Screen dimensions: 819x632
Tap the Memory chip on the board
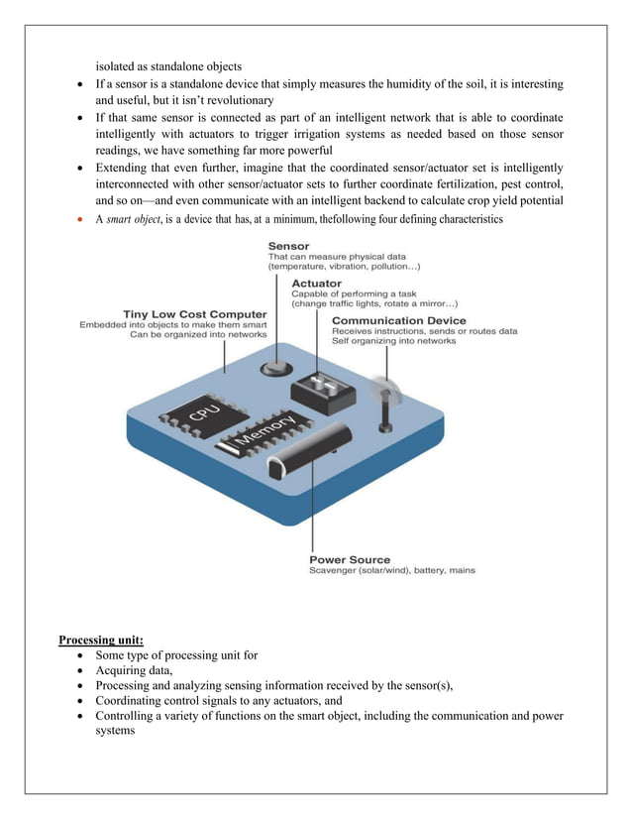click(x=264, y=436)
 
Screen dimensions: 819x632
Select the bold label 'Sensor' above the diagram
click(x=288, y=246)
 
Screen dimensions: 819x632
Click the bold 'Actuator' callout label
click(x=317, y=283)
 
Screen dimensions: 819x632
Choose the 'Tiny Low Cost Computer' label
click(x=194, y=314)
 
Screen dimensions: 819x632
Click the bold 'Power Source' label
click(x=350, y=559)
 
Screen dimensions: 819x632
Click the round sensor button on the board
click(x=271, y=369)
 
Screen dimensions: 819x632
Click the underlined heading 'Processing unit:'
click(x=101, y=640)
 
